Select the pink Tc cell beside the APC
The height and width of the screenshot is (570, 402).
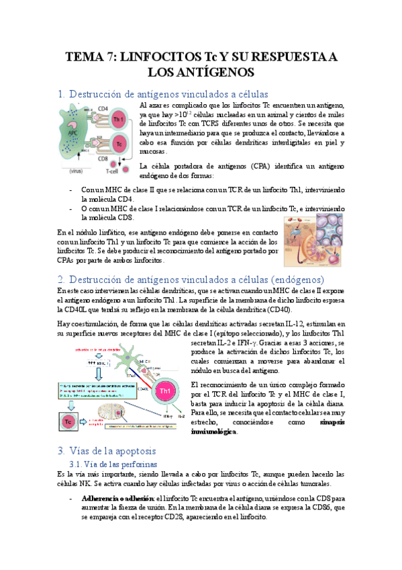(x=119, y=145)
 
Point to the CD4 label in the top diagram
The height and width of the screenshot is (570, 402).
(x=103, y=108)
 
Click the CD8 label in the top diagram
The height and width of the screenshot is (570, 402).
(x=103, y=159)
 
